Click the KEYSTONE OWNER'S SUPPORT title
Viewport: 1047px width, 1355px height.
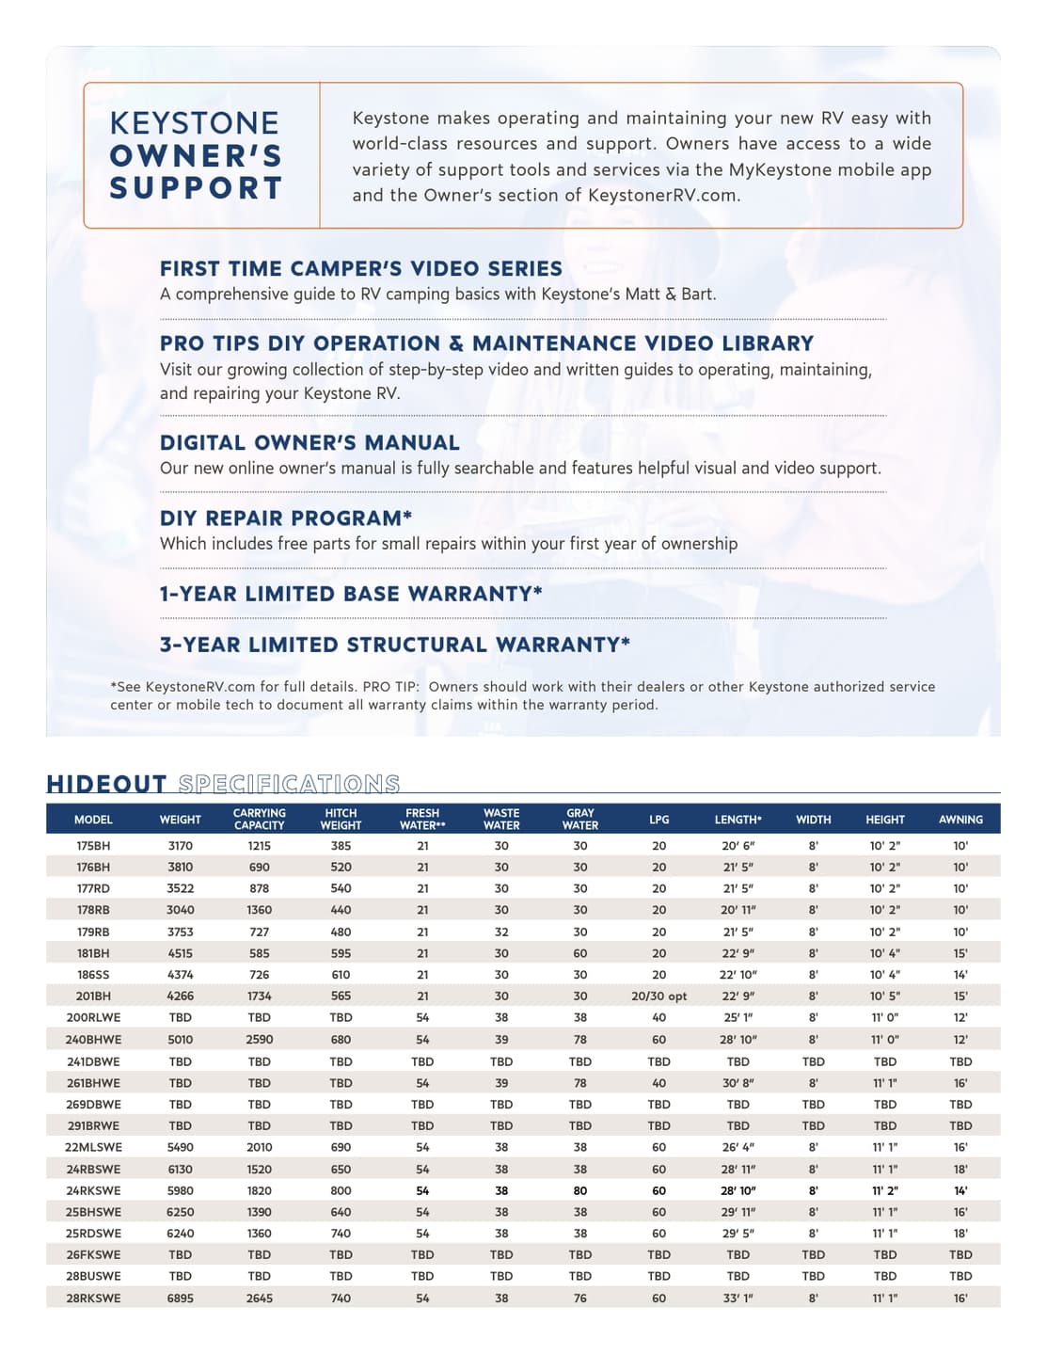(x=196, y=155)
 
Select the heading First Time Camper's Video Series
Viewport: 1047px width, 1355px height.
(x=361, y=269)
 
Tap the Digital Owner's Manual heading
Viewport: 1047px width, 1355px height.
(x=309, y=443)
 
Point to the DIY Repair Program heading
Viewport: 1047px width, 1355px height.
(x=286, y=518)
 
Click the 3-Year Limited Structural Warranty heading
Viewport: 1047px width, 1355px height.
(x=394, y=646)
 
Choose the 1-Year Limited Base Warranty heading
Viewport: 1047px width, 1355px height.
(x=351, y=594)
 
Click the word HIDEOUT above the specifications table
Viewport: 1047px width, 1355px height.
(x=106, y=784)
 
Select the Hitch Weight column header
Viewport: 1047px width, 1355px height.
(x=341, y=819)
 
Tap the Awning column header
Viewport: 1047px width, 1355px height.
(x=960, y=820)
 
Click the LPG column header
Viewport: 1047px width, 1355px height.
(x=658, y=820)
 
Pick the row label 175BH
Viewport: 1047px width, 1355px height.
(x=93, y=846)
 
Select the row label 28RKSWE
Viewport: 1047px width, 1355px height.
(x=93, y=1298)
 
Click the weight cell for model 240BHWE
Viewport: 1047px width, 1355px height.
(x=180, y=1040)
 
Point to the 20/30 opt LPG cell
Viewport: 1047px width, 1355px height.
(x=658, y=996)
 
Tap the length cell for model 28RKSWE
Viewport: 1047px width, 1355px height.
(x=738, y=1298)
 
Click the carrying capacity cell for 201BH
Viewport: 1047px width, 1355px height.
(x=259, y=996)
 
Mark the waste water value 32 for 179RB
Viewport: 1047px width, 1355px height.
(x=501, y=932)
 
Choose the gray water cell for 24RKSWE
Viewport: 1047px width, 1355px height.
(x=579, y=1190)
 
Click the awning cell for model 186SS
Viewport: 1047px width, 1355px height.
(x=960, y=975)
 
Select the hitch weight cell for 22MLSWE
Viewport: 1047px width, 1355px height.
(x=341, y=1147)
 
